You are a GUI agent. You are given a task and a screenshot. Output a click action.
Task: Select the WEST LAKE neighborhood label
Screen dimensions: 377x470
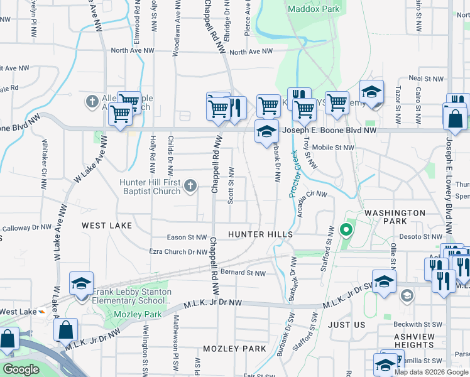(107, 225)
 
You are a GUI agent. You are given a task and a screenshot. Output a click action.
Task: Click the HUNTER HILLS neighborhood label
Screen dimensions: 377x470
(260, 234)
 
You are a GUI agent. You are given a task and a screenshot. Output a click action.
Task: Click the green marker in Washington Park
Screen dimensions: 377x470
(344, 230)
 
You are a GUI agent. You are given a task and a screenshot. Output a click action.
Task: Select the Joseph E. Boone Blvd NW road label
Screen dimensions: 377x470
(329, 131)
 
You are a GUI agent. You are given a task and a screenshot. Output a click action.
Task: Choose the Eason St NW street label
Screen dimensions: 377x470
(187, 238)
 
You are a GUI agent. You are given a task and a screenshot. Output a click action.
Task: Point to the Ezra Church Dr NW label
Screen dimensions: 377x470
(178, 252)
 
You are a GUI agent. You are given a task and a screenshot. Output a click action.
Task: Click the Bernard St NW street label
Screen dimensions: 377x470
(243, 273)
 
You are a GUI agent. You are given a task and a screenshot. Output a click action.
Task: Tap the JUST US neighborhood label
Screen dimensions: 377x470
(346, 325)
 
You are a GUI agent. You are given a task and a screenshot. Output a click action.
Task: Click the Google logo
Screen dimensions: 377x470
(21, 369)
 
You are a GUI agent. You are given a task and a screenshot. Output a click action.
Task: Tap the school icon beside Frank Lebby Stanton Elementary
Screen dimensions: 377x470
(81, 285)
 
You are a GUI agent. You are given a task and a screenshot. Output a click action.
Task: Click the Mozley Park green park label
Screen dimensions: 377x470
(137, 314)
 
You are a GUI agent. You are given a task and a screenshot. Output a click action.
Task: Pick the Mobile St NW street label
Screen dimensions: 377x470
(333, 148)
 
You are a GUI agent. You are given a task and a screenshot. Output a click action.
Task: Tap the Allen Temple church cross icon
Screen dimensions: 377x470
(92, 101)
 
